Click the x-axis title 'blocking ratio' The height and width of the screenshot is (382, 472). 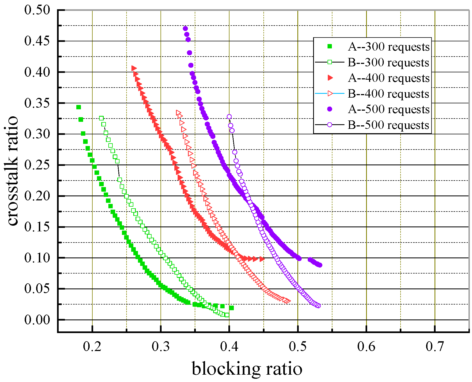click(247, 369)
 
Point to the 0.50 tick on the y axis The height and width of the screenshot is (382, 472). click(37, 10)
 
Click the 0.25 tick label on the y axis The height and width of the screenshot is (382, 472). click(37, 165)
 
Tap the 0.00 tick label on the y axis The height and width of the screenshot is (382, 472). click(37, 320)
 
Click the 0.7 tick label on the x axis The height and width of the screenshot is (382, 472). click(435, 346)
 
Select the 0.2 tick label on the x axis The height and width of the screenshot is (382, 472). click(92, 346)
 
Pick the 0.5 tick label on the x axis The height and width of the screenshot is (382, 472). click(298, 346)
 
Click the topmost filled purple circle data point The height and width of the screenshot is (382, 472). click(185, 29)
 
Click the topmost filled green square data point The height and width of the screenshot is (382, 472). click(78, 107)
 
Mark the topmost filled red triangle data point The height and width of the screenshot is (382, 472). click(134, 68)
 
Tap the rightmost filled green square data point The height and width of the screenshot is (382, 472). click(231, 308)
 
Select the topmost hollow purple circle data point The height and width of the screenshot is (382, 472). click(229, 117)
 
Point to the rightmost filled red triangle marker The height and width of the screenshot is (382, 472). click(262, 259)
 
